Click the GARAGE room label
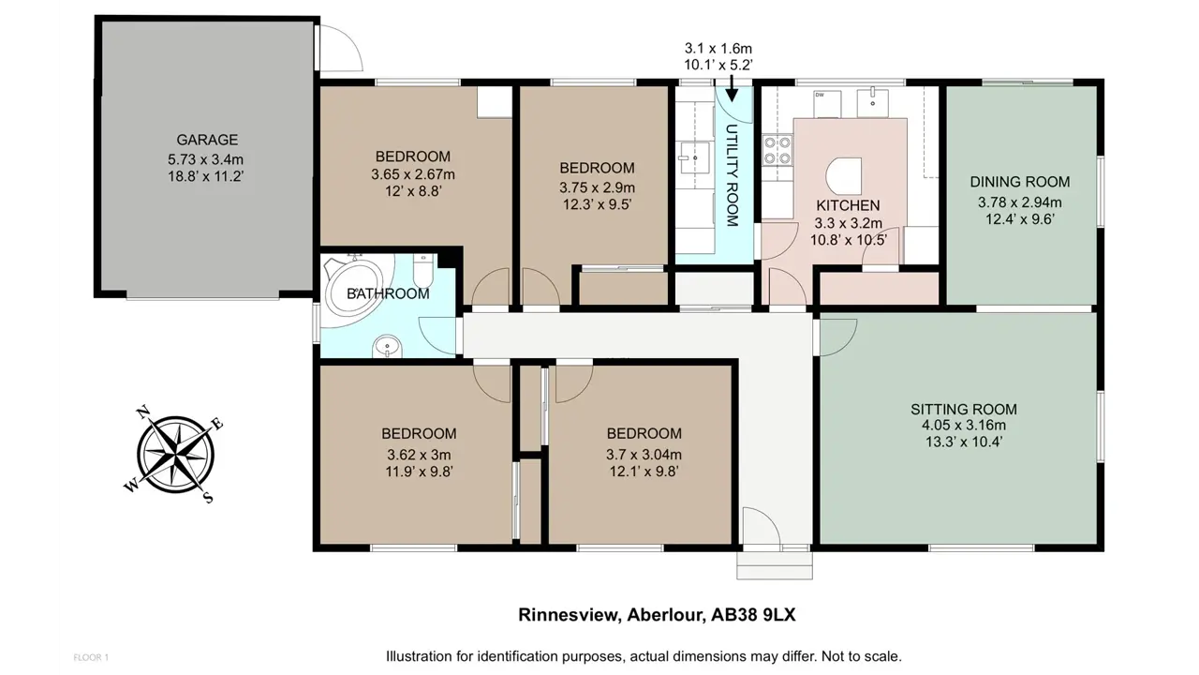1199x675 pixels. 207,140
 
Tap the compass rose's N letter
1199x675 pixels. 143,412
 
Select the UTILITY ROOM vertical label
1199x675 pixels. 732,175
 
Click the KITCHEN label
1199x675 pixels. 848,205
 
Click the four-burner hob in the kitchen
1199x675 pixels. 777,151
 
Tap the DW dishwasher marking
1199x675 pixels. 819,95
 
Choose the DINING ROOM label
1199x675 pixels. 1020,182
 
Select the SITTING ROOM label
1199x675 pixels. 964,410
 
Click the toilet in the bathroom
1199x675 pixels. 422,270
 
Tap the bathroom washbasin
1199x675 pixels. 387,347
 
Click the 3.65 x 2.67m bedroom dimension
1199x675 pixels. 413,174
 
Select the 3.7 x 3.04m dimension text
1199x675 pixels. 644,455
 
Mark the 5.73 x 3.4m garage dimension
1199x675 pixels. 206,159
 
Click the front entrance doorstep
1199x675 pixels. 775,565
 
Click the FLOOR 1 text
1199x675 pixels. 91,657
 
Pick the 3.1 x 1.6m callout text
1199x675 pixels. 718,49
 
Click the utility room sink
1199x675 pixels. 695,158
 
